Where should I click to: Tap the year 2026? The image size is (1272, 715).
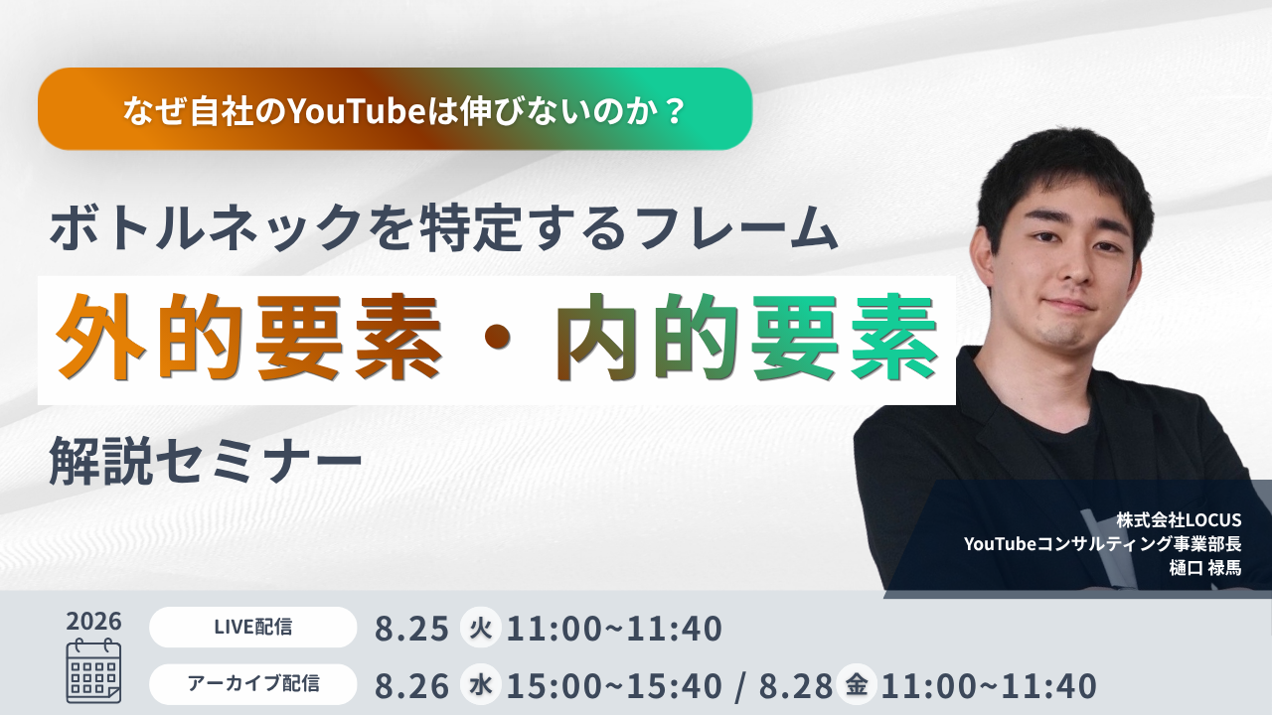93,622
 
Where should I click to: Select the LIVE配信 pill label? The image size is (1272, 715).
252,627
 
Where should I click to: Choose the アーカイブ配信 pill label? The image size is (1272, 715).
252,684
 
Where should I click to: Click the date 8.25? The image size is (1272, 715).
411,629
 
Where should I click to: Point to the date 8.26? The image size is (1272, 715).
411,685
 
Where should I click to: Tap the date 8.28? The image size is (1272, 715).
796,685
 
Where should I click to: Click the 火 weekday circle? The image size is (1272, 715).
480,628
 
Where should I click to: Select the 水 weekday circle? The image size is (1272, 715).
480,685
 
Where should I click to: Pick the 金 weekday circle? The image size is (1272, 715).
857,684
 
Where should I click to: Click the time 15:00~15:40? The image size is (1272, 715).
614,685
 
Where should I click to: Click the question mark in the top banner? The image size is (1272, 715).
675,110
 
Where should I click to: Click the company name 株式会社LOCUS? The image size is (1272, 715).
1179,519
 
